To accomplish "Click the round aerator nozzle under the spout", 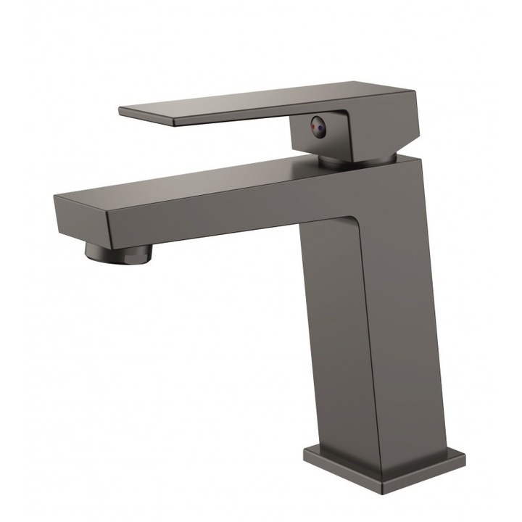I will pos(120,251).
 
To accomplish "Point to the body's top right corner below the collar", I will pos(420,155).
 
